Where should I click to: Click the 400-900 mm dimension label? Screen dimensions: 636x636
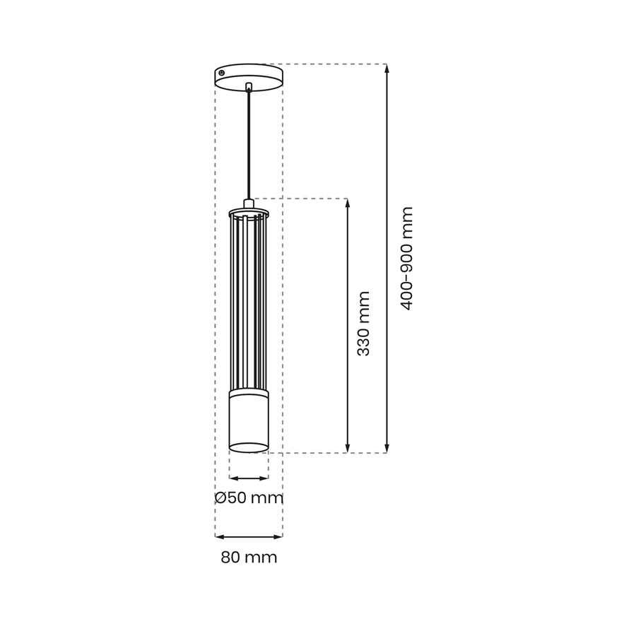tap(406, 259)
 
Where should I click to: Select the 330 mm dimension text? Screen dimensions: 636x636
tap(363, 324)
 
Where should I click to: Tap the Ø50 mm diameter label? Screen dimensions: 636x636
tap(249, 497)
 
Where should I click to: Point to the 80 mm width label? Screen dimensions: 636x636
tap(249, 558)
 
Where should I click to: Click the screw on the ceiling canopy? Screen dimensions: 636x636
tap(221, 73)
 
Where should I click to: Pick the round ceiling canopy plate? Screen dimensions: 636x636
tap(249, 77)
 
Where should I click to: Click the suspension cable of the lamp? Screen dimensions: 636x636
tap(249, 146)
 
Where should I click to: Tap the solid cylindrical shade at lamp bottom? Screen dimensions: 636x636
tap(249, 422)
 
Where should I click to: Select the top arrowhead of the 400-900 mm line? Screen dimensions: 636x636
tap(387, 69)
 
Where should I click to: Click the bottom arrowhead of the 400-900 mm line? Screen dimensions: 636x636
tap(387, 448)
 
